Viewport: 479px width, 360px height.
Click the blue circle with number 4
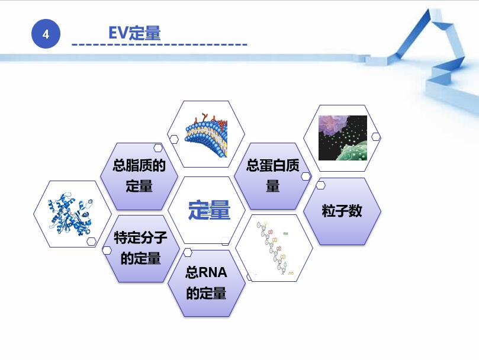click(46, 35)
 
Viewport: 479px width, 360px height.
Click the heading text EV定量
click(134, 33)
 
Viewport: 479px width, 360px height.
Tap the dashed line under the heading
click(159, 45)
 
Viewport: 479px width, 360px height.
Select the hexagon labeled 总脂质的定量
click(139, 176)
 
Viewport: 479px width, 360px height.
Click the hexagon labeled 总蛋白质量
click(273, 176)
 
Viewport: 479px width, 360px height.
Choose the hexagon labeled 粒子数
click(342, 211)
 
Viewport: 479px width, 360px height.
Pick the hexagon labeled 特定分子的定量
click(140, 248)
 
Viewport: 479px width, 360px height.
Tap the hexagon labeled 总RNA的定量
click(206, 282)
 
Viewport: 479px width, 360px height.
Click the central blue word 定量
click(208, 210)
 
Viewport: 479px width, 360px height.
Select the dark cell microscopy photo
click(342, 138)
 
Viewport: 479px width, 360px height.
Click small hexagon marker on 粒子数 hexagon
click(320, 185)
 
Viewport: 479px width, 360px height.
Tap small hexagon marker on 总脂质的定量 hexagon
click(158, 148)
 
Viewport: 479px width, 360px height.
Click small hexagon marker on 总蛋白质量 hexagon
click(306, 176)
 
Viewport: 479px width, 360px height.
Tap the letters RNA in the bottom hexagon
click(213, 272)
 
